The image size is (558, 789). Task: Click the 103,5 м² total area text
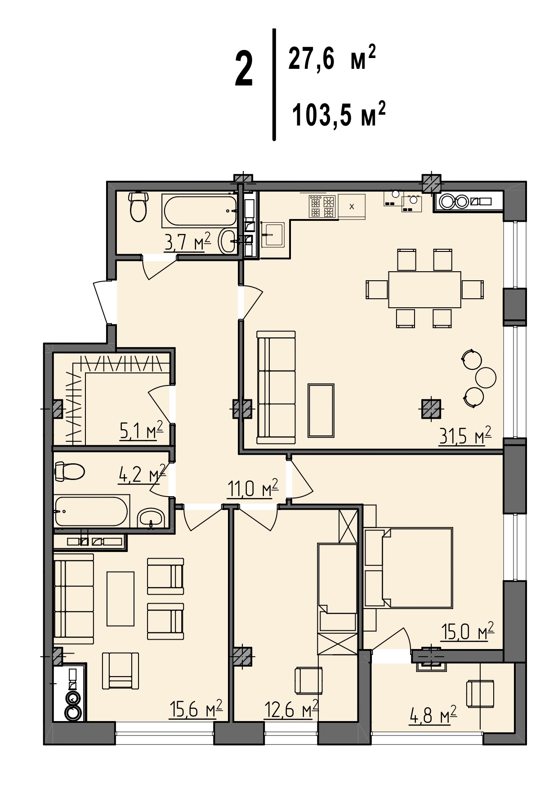point(339,114)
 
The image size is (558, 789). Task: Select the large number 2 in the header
point(244,69)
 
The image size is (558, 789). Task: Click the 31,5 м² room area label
point(465,436)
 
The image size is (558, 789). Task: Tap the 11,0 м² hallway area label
point(252,488)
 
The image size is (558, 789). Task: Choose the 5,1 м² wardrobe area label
point(141,431)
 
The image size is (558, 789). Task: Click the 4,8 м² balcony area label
point(433,715)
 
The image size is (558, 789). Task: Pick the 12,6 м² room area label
point(291,710)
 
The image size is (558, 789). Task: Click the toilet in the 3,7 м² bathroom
point(138,206)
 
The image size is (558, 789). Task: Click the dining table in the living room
point(424,289)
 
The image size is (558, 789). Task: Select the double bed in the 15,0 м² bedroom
point(408,567)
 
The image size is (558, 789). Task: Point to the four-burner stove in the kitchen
point(323,206)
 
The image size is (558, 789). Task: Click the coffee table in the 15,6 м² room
point(121,599)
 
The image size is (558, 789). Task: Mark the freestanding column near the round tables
point(431,409)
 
